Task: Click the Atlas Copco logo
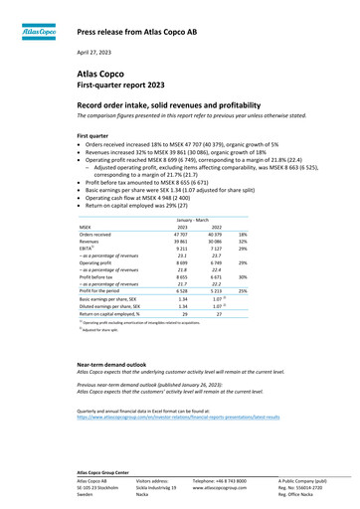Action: [x=38, y=30]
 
